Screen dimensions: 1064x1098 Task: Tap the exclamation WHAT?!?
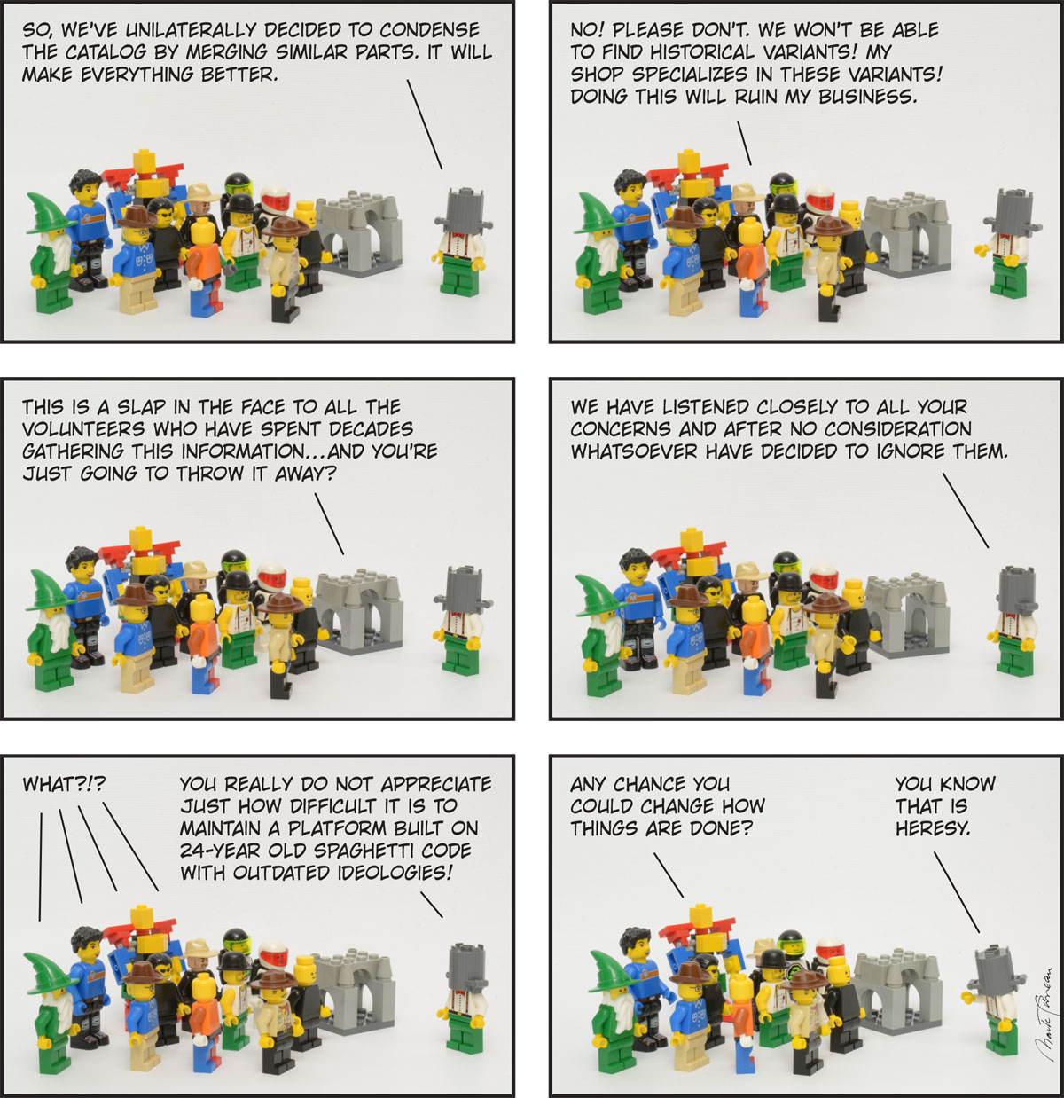pyautogui.click(x=64, y=784)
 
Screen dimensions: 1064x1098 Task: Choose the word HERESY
pyautogui.click(x=933, y=828)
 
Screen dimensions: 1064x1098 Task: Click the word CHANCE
pyautogui.click(x=649, y=784)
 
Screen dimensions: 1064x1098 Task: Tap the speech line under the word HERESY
pyautogui.click(x=956, y=891)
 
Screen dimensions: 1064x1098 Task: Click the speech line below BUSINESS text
pyautogui.click(x=744, y=143)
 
